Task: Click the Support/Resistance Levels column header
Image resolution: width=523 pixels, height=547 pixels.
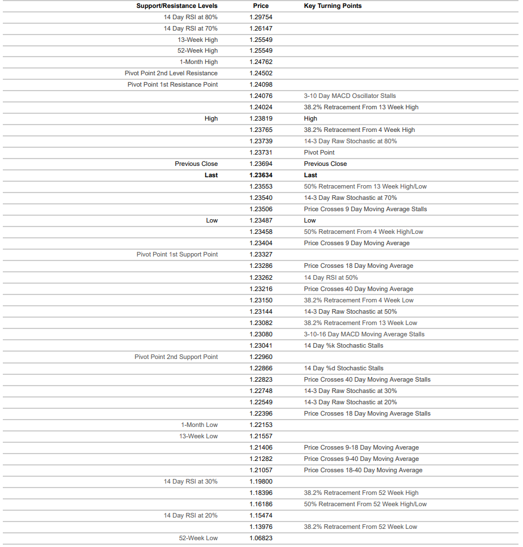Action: [x=176, y=6]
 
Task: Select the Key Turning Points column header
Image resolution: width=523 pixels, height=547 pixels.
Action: [x=332, y=6]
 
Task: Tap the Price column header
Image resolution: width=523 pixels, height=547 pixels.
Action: [x=261, y=6]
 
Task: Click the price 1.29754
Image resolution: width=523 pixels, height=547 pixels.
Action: [x=261, y=17]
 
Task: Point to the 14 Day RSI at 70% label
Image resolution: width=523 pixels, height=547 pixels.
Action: [x=191, y=28]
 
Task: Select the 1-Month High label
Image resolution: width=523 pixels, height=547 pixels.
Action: [x=198, y=62]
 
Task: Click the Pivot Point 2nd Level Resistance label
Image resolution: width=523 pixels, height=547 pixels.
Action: [x=171, y=73]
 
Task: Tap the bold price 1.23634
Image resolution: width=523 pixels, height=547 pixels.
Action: [x=261, y=175]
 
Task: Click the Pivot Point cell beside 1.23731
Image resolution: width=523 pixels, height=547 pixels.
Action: [x=319, y=152]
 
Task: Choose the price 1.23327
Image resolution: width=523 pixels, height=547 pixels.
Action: [x=261, y=254]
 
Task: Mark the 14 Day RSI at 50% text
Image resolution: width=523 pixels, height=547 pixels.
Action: [x=331, y=277]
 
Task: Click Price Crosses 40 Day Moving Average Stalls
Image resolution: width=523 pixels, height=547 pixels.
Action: [x=367, y=379]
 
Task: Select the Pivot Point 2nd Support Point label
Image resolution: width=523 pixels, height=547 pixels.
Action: [x=176, y=357]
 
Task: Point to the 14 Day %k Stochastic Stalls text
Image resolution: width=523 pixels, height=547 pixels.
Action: [x=343, y=345]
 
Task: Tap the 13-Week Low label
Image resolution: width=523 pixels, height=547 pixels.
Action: [x=198, y=436]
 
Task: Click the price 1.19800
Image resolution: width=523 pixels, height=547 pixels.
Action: [x=261, y=481]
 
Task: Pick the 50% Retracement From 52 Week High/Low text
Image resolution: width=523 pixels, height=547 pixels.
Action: [x=365, y=504]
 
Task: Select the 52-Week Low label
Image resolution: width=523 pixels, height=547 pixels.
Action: [x=198, y=538]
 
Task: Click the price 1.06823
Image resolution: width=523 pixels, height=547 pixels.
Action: [x=261, y=538]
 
